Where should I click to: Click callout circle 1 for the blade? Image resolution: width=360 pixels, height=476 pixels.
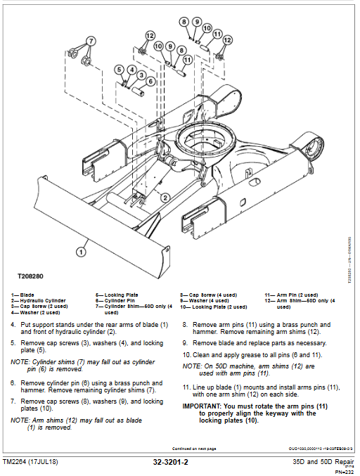82,249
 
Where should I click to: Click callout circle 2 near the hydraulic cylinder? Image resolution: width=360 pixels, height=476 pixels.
165,198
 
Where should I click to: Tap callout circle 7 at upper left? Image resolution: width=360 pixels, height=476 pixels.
91,40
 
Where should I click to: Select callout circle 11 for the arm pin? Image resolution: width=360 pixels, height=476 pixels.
217,34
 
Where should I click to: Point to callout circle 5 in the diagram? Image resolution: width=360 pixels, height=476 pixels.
120,70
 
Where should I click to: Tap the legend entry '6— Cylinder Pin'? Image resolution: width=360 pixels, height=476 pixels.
116,300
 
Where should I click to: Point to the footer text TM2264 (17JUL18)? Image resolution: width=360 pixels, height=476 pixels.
39,463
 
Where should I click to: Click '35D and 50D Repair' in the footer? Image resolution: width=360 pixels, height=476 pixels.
323,462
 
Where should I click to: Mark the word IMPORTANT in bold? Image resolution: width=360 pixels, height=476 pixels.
201,406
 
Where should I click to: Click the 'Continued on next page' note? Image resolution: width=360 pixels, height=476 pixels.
194,449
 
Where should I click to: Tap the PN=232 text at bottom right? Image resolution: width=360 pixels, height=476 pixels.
344,472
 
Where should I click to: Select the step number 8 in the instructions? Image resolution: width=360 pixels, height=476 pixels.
185,325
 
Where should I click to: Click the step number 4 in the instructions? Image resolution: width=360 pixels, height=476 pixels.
13,325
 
